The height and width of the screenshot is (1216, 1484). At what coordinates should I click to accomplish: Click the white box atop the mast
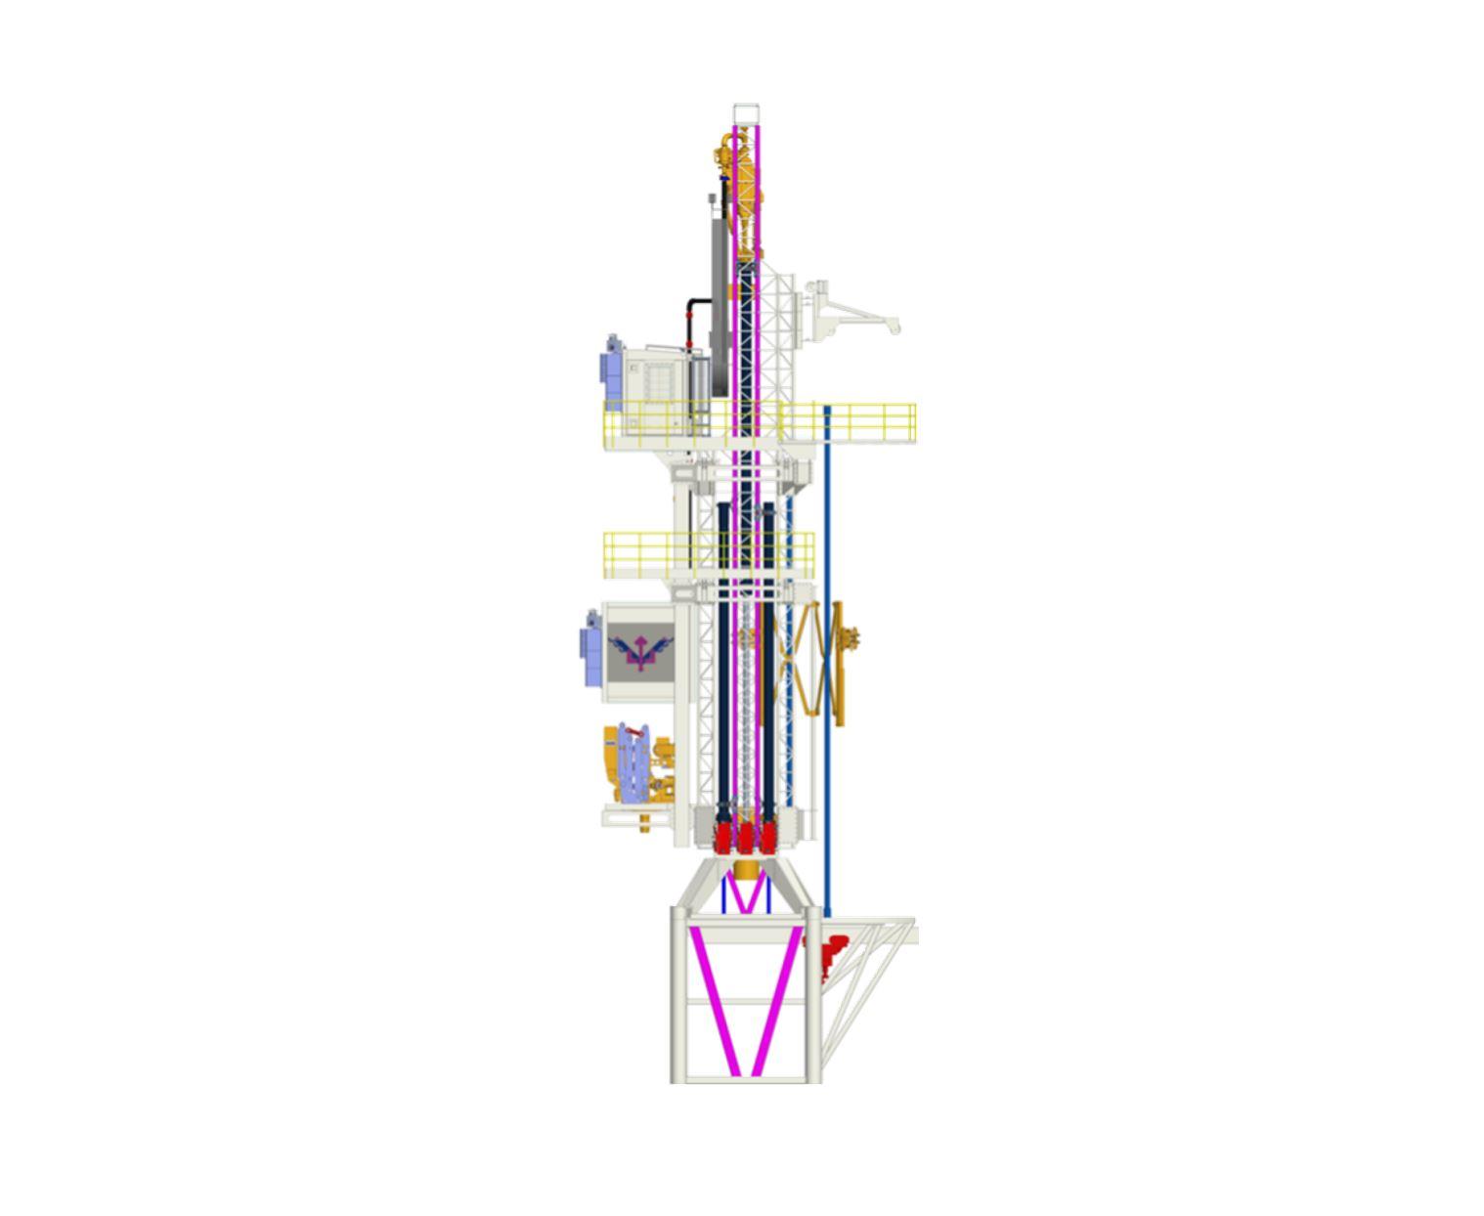coord(746,113)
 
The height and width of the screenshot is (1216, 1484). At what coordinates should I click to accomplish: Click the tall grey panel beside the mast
coord(720,293)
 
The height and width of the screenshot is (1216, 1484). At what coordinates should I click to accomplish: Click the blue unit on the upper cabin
coord(613,371)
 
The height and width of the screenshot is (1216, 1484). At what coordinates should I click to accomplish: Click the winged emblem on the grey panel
coord(640,651)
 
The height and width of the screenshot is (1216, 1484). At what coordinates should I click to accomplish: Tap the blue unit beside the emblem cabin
coord(590,649)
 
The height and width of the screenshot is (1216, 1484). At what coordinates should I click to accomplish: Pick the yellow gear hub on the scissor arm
coord(851,637)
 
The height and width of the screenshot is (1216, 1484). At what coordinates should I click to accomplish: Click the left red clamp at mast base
coord(723,837)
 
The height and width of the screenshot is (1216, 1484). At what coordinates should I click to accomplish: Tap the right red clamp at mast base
coord(768,837)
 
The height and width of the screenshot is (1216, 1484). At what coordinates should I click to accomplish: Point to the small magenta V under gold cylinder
coord(746,895)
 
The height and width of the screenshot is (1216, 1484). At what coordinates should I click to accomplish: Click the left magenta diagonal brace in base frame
coord(714,1001)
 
